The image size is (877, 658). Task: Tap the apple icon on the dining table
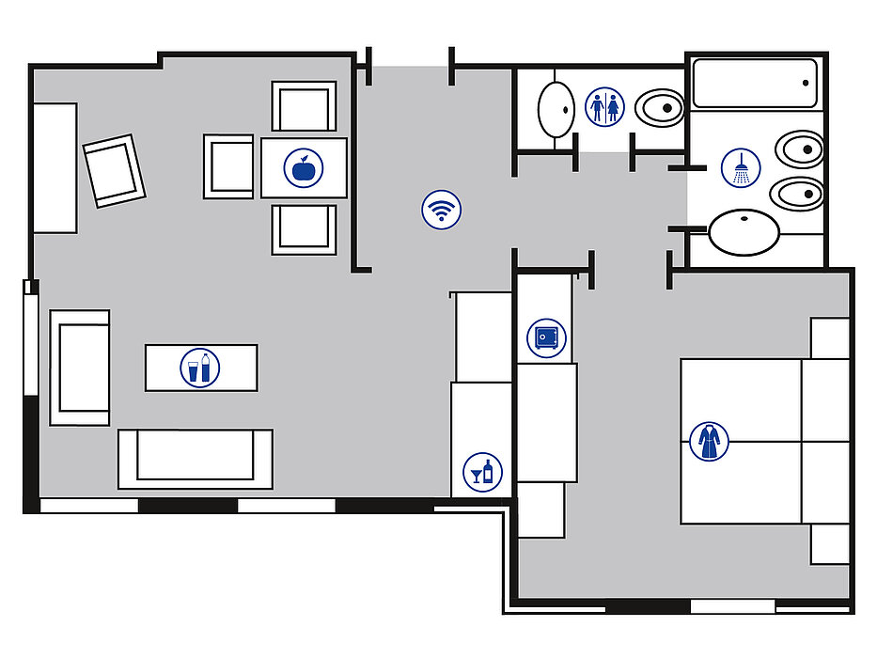(304, 168)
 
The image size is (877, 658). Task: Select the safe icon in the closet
(546, 337)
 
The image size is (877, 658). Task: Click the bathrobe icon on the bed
(709, 441)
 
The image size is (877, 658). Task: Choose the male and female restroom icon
(604, 106)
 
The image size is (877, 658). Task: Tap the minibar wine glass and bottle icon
(483, 470)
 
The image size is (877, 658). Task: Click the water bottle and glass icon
(199, 368)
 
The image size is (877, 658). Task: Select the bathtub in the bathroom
(756, 85)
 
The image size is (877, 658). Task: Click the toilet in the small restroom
(659, 108)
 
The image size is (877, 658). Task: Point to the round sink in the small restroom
(556, 109)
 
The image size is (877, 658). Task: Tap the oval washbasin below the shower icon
(744, 232)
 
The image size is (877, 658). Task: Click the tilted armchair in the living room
(114, 170)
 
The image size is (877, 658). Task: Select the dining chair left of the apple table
(229, 166)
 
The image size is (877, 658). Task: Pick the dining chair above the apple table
(304, 106)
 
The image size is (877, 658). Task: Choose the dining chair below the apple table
(304, 228)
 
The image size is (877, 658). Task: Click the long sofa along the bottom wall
(196, 459)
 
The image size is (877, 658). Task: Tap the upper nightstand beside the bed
(830, 338)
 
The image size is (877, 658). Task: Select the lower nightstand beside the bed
(830, 544)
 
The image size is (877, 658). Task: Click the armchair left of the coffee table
(80, 368)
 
